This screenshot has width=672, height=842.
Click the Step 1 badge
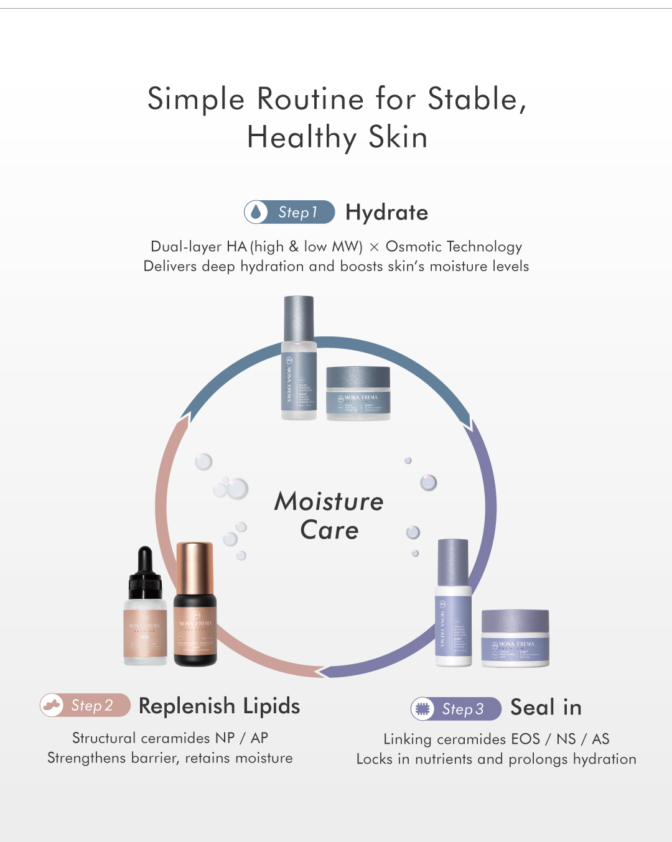point(289,212)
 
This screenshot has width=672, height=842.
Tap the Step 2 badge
point(85,705)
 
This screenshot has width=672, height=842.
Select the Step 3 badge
point(456,709)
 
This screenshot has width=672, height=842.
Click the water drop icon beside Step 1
point(256,212)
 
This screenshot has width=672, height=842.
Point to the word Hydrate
point(386,213)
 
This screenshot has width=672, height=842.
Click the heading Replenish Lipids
point(219,706)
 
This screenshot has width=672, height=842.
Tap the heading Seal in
point(546,708)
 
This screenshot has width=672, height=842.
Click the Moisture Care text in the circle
point(329,516)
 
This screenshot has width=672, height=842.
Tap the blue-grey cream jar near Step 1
point(358,393)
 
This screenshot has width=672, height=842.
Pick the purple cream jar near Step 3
point(515,638)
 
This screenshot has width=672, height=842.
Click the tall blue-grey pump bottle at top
point(299,358)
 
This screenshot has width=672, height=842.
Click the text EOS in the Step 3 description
point(525,739)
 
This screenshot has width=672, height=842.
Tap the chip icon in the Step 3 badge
point(423,709)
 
